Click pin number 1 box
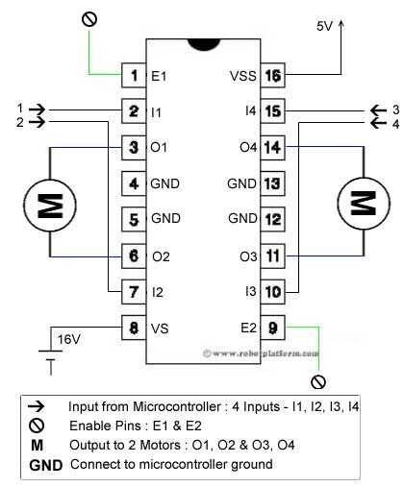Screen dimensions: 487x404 pos(134,74)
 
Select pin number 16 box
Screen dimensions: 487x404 pos(272,74)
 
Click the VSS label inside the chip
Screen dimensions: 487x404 pos(241,74)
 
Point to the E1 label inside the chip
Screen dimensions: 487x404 pos(160,74)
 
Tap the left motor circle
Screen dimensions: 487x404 pos(45,204)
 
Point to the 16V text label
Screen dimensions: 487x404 pos(69,338)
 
